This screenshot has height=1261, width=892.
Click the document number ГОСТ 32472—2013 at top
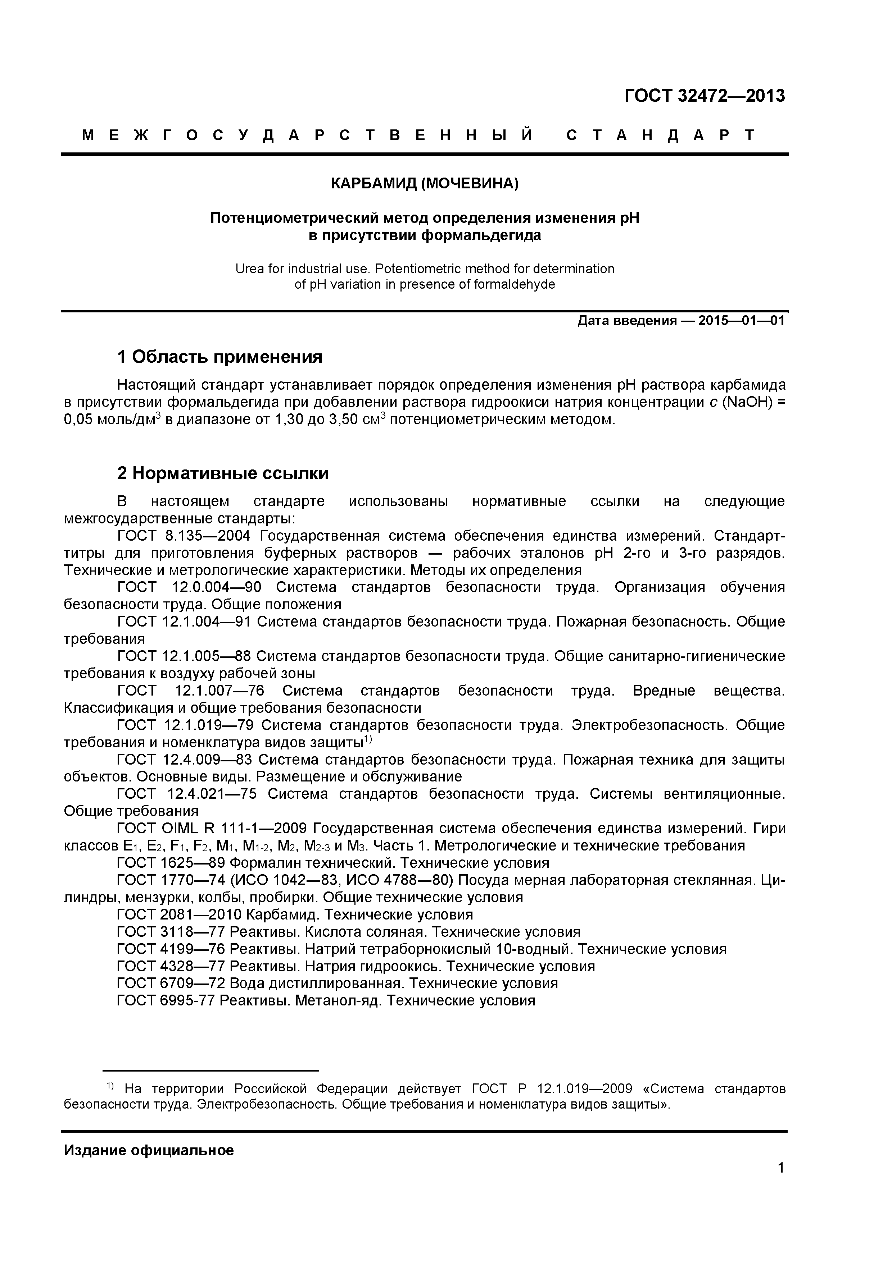[x=705, y=96]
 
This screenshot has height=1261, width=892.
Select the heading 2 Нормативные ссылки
[x=223, y=473]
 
